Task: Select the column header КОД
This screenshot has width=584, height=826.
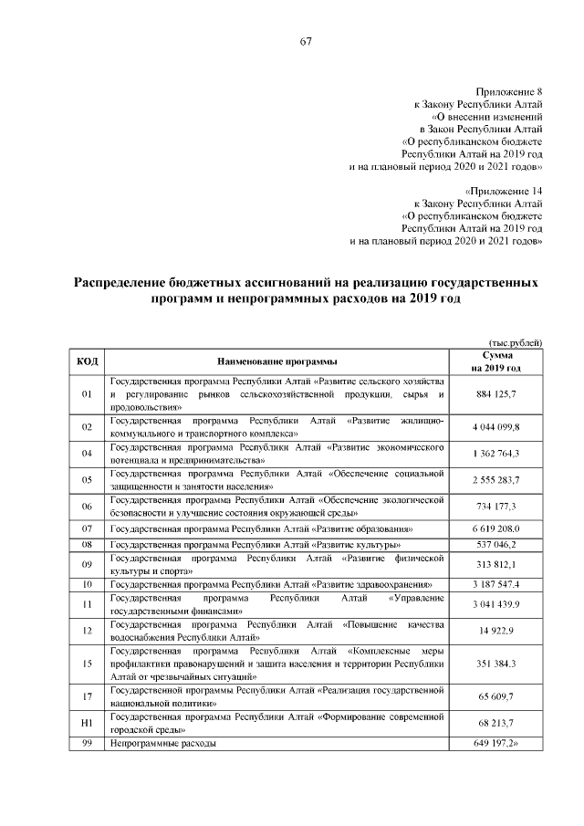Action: (88, 361)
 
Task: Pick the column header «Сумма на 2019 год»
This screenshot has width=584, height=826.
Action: (496, 361)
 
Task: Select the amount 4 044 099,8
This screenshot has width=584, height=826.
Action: (496, 426)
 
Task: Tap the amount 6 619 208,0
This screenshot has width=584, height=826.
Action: (496, 529)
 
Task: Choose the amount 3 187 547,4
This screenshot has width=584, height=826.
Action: (496, 583)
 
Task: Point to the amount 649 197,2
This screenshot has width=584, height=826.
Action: (498, 745)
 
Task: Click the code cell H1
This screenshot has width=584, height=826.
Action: (88, 724)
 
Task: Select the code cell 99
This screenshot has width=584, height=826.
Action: (88, 745)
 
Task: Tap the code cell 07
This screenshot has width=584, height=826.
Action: (88, 529)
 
